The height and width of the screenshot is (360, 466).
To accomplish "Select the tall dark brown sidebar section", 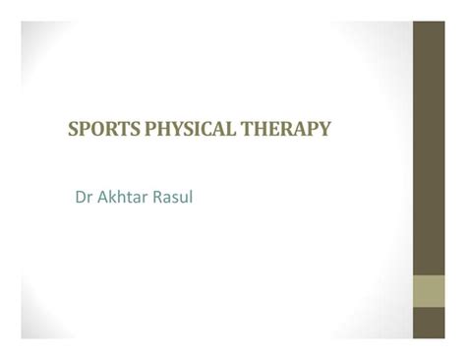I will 430,148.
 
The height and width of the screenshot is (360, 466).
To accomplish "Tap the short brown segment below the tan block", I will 430,326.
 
